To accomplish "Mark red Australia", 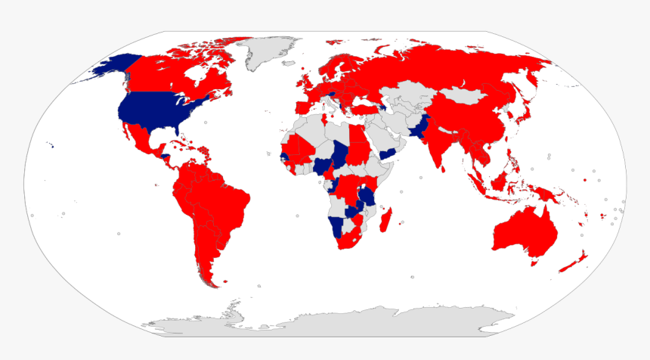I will coord(526,231).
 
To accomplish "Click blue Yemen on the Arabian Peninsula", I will coord(388,154).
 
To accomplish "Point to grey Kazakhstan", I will coord(408,99).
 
